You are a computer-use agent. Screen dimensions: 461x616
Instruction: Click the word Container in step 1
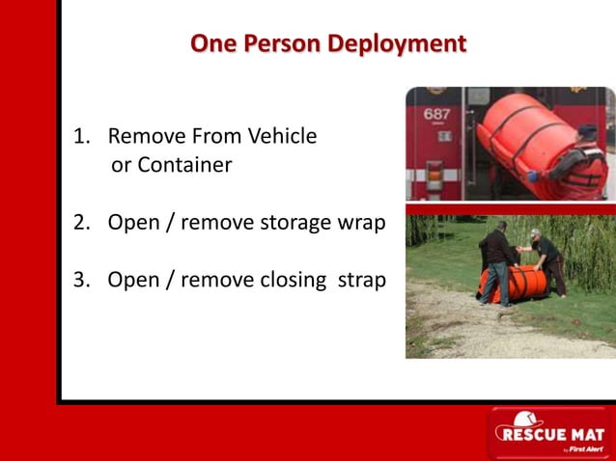184,165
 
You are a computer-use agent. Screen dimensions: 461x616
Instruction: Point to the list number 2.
80,223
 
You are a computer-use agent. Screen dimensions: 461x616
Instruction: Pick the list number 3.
80,280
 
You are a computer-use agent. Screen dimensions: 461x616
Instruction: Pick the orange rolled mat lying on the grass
521,282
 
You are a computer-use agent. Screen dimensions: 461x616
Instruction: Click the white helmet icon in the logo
526,420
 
